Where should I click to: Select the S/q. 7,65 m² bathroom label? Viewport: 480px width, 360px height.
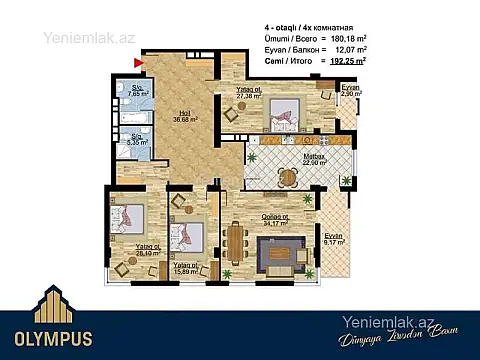pos(138,93)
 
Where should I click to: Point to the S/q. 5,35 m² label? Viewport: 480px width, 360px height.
pos(137,140)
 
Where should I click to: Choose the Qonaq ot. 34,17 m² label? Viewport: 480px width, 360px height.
pos(275,220)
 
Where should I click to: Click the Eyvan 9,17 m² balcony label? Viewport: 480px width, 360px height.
pos(333,238)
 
